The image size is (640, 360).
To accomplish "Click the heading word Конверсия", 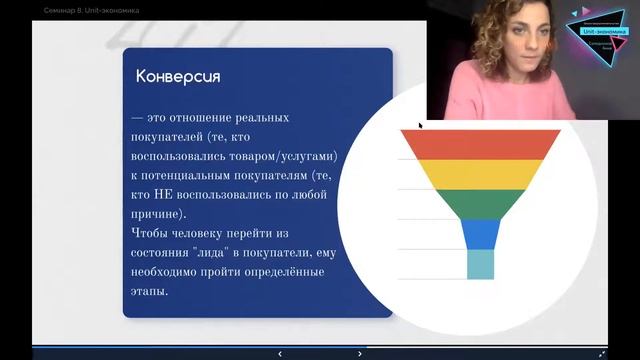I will pyautogui.click(x=178, y=77).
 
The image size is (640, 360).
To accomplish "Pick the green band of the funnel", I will pyautogui.click(x=480, y=203).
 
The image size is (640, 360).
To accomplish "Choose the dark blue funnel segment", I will pyautogui.click(x=480, y=233).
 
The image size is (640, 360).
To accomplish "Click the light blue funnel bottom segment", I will pyautogui.click(x=480, y=263).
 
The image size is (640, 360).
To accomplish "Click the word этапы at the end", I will pyautogui.click(x=150, y=292).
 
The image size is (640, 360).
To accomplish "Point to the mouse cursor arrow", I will pyautogui.click(x=420, y=125).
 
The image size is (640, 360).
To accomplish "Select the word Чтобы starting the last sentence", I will pyautogui.click(x=152, y=234).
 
